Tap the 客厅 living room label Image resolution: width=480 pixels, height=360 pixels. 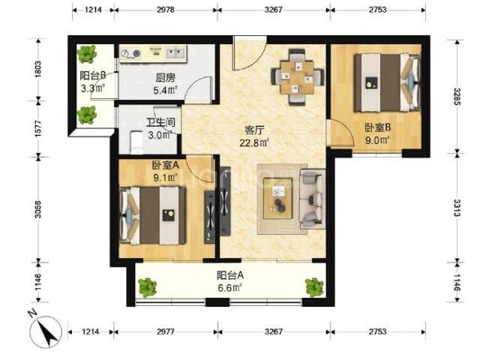(254, 130)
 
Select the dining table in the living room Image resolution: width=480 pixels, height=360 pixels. (298, 76)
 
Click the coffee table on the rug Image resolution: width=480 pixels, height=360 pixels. (278, 198)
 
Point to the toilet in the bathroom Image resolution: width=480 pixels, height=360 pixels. (136, 142)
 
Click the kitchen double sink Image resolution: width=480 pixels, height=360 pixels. (175, 52)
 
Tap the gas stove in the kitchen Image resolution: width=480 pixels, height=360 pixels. (130, 53)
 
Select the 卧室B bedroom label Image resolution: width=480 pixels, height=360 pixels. (377, 127)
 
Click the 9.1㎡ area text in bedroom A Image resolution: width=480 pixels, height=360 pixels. (165, 177)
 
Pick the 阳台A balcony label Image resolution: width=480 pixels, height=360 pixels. (230, 275)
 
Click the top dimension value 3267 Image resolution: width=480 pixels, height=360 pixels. (273, 10)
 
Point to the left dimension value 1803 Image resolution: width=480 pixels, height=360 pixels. (38, 70)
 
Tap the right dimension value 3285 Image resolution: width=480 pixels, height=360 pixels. (457, 97)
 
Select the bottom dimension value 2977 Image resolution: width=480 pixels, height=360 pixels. (166, 331)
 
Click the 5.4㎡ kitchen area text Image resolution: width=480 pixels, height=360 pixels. (166, 90)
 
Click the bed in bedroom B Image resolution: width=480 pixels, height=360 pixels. (387, 82)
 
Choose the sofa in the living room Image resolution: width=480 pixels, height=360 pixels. (313, 199)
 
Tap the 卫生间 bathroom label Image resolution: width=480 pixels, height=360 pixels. (160, 122)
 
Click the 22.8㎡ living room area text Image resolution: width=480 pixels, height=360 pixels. (254, 142)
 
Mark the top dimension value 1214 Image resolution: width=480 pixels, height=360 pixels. (93, 10)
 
